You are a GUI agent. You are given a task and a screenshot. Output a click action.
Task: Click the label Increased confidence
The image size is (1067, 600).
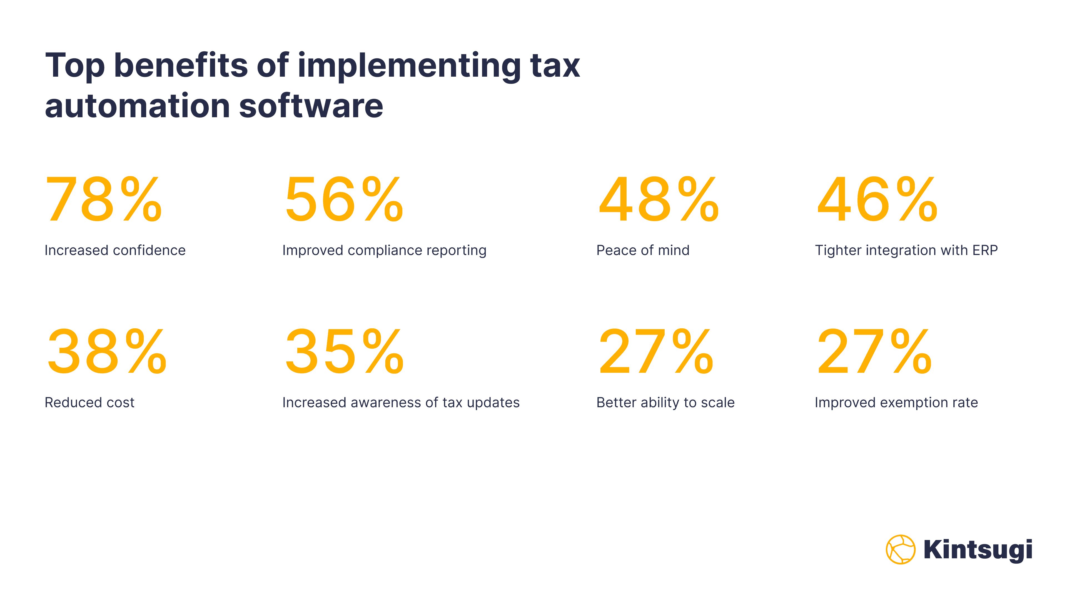[x=115, y=251]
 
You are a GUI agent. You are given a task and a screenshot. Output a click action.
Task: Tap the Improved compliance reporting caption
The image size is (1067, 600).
[x=384, y=251]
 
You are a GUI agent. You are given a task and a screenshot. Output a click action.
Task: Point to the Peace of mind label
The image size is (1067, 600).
[x=643, y=251]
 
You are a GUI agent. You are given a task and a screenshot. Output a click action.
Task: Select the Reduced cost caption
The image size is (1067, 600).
[x=89, y=402]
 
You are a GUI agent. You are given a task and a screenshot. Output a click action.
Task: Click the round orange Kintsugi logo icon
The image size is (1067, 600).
[x=900, y=549]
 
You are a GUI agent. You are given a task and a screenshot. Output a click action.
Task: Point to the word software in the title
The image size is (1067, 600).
[x=311, y=106]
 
